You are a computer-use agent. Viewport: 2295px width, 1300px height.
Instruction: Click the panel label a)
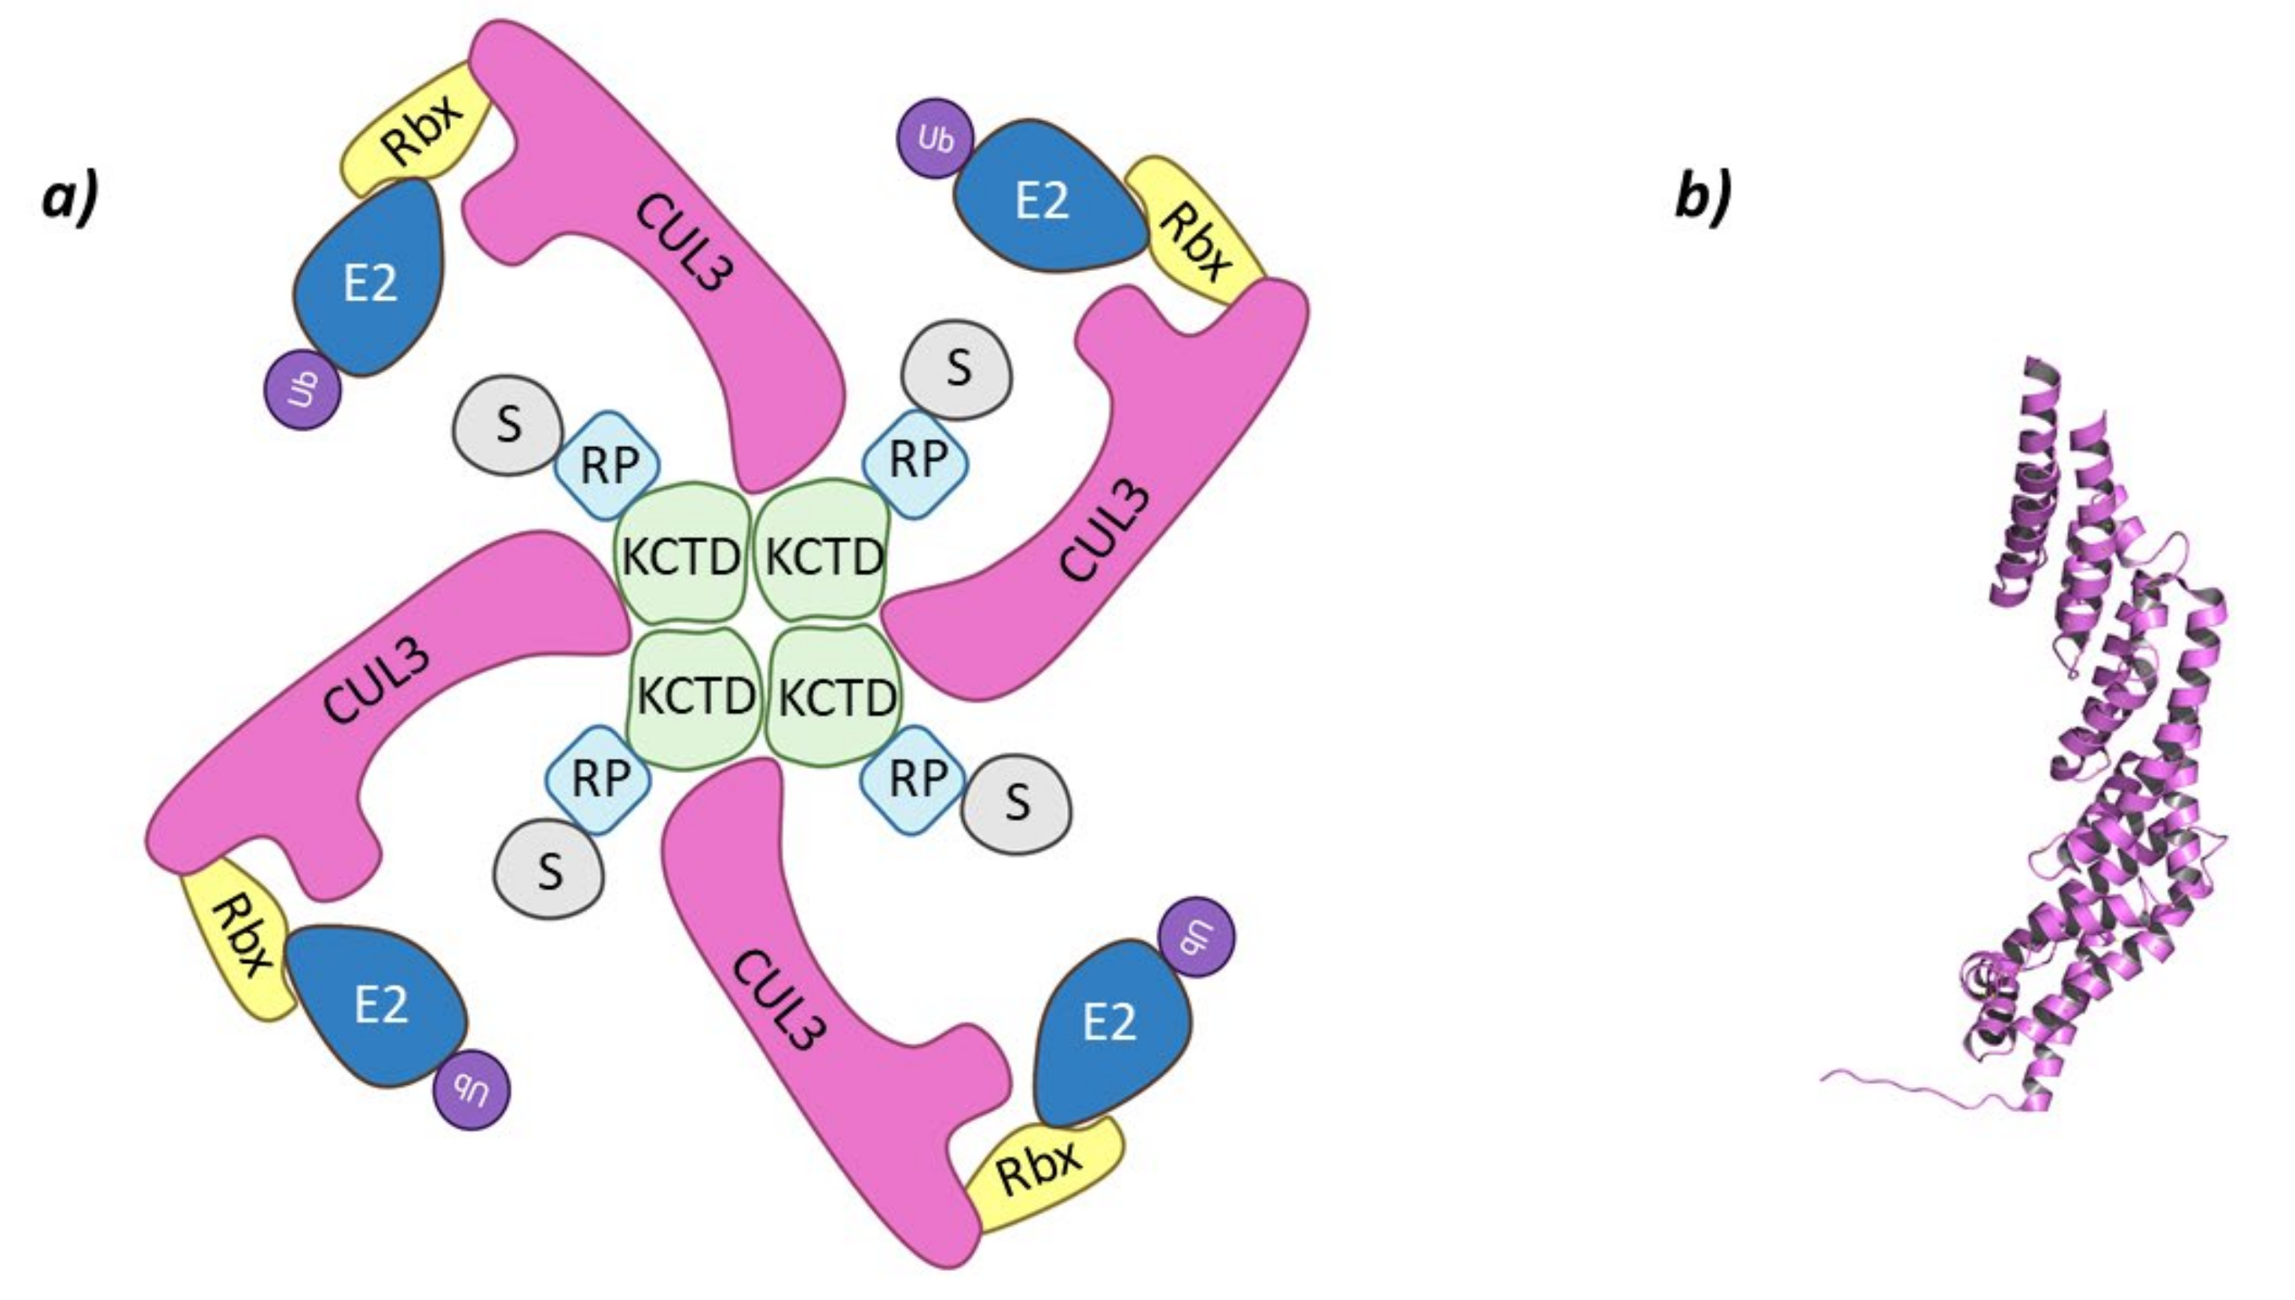pos(70,200)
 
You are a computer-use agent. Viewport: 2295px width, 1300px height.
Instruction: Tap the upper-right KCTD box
pos(823,555)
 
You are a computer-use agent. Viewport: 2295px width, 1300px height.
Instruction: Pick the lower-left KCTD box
pos(695,697)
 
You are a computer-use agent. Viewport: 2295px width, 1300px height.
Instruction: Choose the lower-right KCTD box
pos(836,697)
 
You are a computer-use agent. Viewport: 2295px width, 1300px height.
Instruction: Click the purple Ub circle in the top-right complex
pos(935,138)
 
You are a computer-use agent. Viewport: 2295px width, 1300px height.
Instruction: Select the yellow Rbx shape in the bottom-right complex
pos(1040,1171)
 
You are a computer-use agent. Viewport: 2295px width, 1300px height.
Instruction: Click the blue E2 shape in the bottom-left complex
pos(379,1005)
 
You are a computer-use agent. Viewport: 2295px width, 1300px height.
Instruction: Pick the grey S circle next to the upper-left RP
pos(508,425)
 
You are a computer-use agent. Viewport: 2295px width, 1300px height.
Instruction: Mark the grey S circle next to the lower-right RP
pos(1016,802)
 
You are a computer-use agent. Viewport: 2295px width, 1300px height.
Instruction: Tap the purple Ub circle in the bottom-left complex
pos(472,1091)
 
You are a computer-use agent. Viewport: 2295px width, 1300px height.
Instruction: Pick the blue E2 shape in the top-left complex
pos(371,281)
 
